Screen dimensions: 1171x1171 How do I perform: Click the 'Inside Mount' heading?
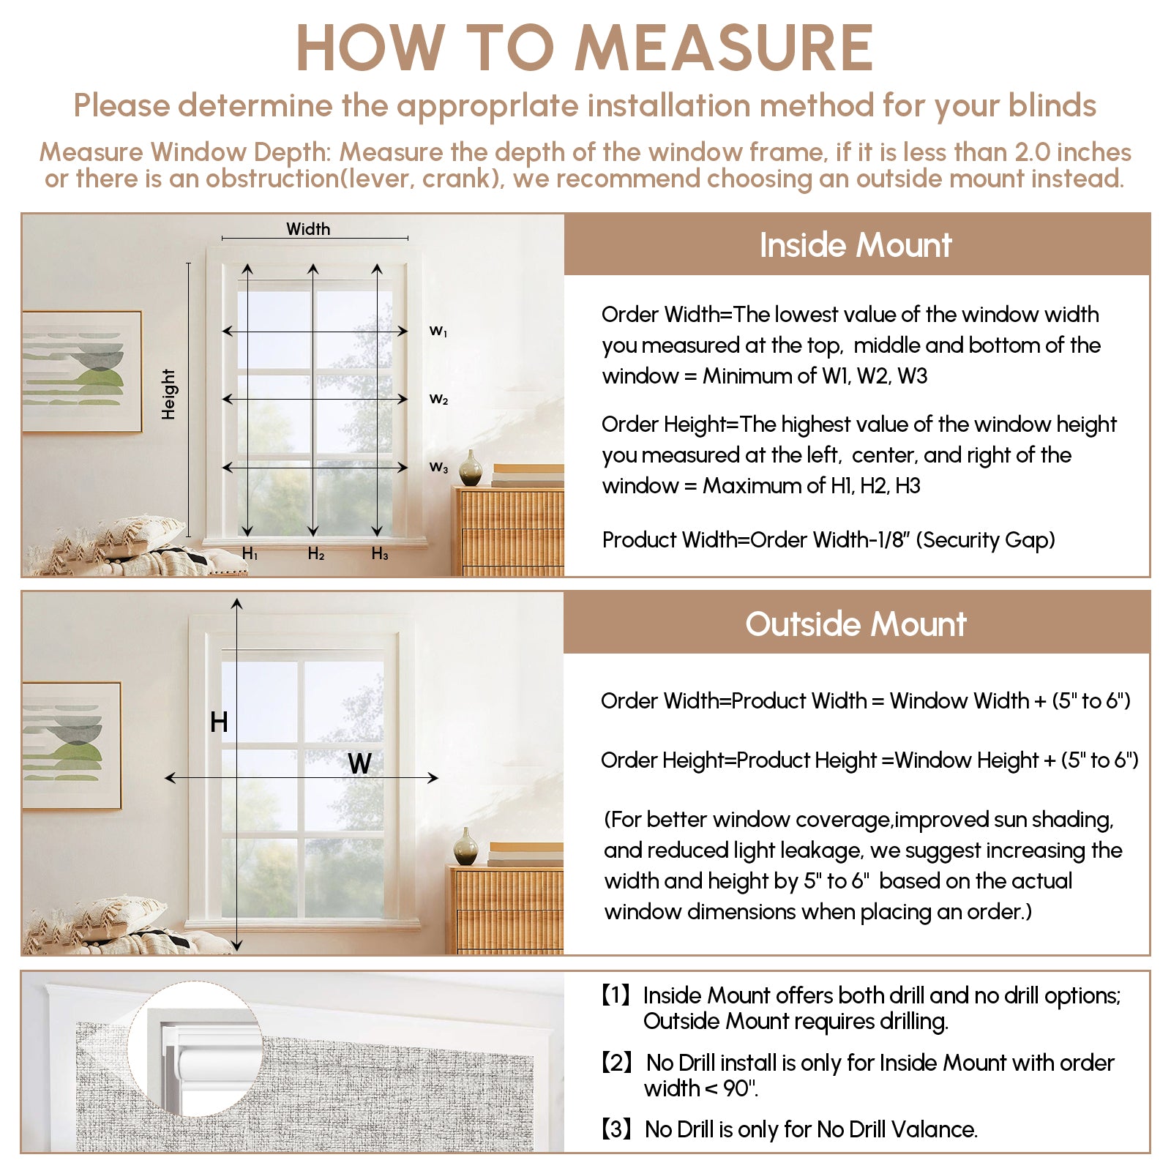pos(856,245)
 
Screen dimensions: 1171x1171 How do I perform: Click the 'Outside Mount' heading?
pos(856,624)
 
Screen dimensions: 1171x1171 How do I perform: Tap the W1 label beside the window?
pos(438,332)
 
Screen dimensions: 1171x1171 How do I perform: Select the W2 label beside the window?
pos(438,400)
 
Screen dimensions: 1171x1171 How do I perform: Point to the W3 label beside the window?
pos(438,467)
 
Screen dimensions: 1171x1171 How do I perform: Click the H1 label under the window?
pos(250,554)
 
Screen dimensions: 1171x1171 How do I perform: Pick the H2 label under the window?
pos(315,554)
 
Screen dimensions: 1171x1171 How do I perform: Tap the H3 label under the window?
pos(380,554)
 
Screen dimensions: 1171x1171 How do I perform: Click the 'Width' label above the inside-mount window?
pos(308,229)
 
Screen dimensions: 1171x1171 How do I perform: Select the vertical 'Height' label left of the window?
pos(169,394)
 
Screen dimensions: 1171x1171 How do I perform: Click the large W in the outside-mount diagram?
pos(359,763)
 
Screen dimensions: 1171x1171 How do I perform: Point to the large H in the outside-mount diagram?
pos(219,722)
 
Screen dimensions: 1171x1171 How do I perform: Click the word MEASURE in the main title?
pos(724,48)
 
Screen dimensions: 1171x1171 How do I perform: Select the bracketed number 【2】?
pos(616,1063)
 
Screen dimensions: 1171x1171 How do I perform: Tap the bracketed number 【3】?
pos(616,1129)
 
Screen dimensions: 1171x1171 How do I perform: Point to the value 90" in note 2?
pos(739,1089)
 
